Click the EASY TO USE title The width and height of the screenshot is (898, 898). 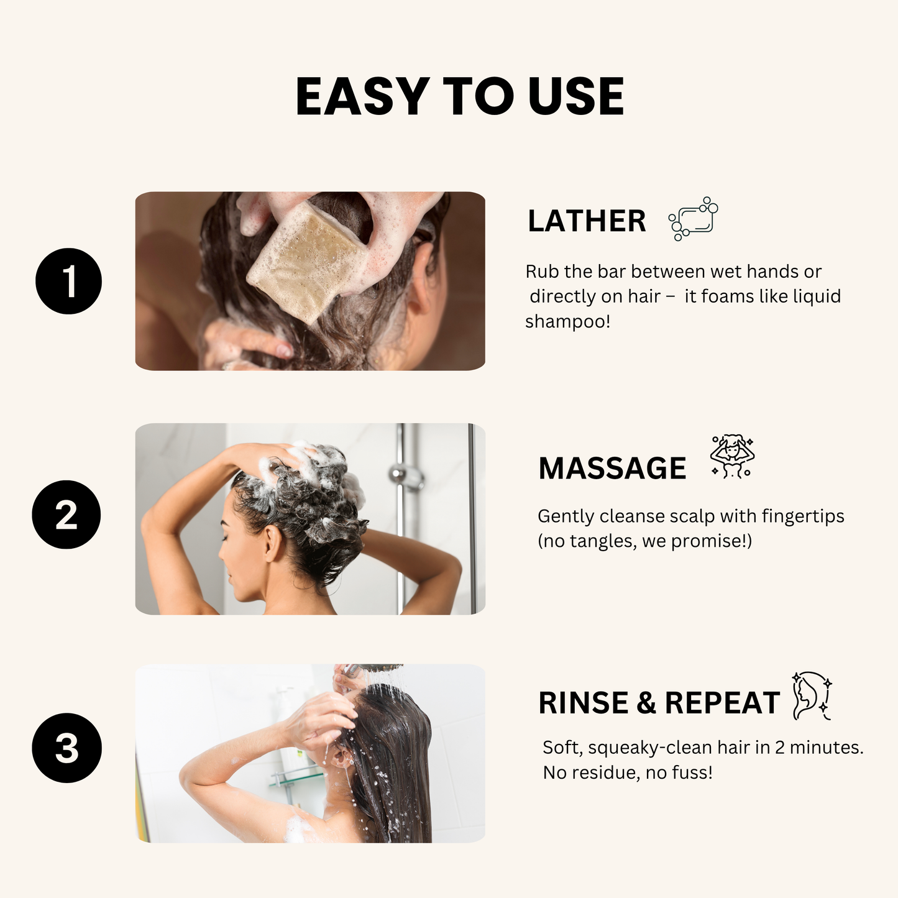coord(459,97)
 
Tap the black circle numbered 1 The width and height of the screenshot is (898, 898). coord(68,281)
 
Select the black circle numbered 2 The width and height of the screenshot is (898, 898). coord(66,515)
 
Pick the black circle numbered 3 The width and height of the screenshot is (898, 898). coord(66,748)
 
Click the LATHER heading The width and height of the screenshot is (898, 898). coord(587,221)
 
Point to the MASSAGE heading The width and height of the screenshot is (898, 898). coord(612,469)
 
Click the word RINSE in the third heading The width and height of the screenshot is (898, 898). coord(583,703)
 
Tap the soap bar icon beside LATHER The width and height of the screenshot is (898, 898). coord(694,219)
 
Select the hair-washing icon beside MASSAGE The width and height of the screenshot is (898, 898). coord(732,456)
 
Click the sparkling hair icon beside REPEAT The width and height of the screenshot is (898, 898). coord(812,696)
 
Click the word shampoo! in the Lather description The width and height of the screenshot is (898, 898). coord(567,322)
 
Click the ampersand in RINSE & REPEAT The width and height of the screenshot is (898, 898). coord(646,703)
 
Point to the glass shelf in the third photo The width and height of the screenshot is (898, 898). coord(297,775)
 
